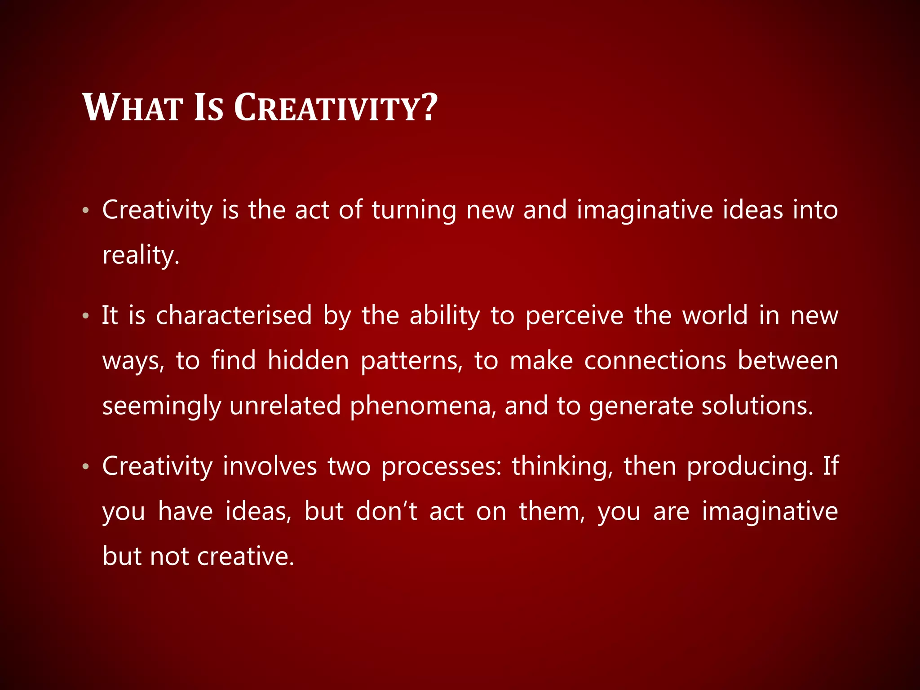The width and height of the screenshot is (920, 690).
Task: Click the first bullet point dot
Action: [x=86, y=210]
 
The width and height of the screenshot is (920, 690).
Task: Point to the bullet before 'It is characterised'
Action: [x=86, y=316]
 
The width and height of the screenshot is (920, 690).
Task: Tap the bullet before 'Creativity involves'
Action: [x=86, y=467]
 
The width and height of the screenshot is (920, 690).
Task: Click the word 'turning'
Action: [x=414, y=210]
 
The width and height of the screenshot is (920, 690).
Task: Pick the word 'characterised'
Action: [x=234, y=315]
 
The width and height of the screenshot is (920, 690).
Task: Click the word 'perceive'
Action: [x=575, y=315]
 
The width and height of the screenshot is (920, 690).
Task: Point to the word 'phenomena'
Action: [x=421, y=406]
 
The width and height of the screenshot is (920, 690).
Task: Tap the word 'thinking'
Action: [x=561, y=466]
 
